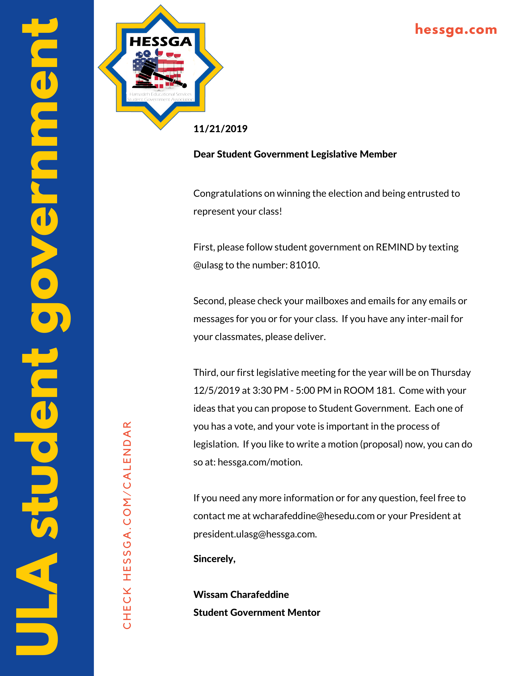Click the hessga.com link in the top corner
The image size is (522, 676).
[x=456, y=30]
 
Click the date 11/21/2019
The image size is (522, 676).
[x=220, y=129]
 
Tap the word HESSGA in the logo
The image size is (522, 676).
[x=160, y=42]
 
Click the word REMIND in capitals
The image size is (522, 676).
[x=395, y=247]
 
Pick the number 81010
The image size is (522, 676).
[x=304, y=265]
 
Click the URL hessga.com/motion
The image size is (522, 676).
[x=260, y=462]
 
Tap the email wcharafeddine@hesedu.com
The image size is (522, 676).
[x=314, y=516]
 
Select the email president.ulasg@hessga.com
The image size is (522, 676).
[x=255, y=534]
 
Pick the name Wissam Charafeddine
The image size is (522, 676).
[x=241, y=595]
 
